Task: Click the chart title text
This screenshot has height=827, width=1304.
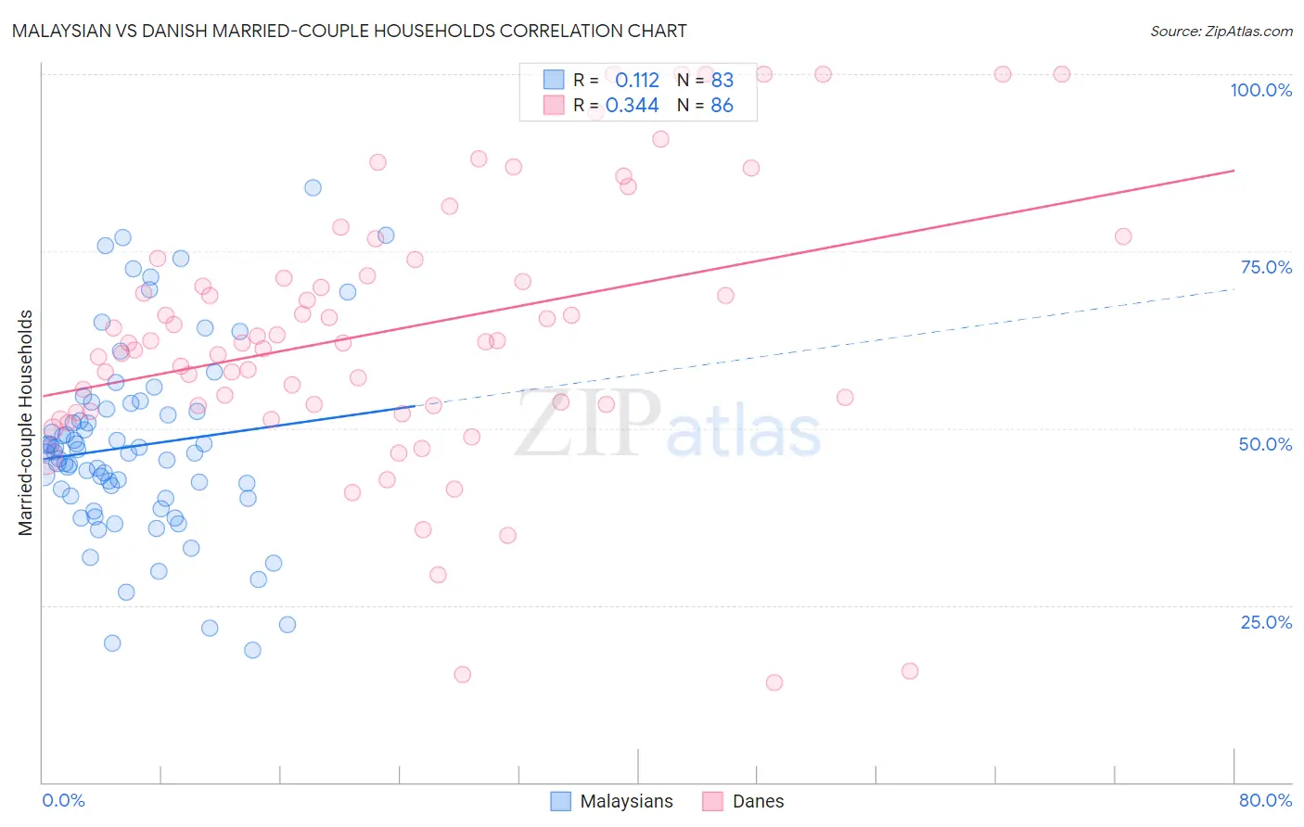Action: pyautogui.click(x=349, y=31)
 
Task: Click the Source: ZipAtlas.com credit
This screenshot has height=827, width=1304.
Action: pyautogui.click(x=1221, y=31)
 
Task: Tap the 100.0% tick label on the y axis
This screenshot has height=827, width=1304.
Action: pyautogui.click(x=1260, y=90)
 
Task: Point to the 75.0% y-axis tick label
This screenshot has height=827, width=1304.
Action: pyautogui.click(x=1266, y=267)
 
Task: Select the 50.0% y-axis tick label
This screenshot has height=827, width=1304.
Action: pyautogui.click(x=1265, y=444)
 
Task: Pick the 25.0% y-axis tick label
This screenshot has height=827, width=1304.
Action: pyautogui.click(x=1266, y=621)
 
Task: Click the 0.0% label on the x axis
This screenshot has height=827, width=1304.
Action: pyautogui.click(x=63, y=800)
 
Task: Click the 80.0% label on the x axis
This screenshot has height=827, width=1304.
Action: pyautogui.click(x=1265, y=800)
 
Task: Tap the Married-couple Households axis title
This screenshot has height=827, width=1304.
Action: pyautogui.click(x=26, y=423)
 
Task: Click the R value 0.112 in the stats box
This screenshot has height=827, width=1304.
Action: pyautogui.click(x=636, y=81)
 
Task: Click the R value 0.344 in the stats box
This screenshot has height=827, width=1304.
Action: pyautogui.click(x=632, y=106)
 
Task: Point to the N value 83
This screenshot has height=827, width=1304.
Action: pyautogui.click(x=722, y=81)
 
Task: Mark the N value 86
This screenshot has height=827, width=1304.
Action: pyautogui.click(x=722, y=106)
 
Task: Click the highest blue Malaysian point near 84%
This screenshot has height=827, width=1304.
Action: pyautogui.click(x=313, y=187)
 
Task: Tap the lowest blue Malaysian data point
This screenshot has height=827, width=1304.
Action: pyautogui.click(x=252, y=650)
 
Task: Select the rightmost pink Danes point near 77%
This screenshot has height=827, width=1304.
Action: pyautogui.click(x=1123, y=236)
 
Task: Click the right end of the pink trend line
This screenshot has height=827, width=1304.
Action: pyautogui.click(x=1234, y=171)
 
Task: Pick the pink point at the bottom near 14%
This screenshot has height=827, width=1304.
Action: pyautogui.click(x=774, y=682)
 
